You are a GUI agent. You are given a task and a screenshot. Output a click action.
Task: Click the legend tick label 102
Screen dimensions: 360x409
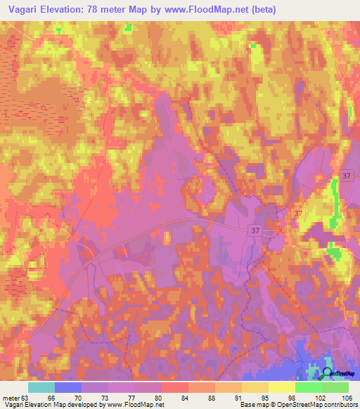(295, 398)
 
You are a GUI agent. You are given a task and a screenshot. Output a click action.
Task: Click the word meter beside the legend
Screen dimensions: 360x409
(11, 398)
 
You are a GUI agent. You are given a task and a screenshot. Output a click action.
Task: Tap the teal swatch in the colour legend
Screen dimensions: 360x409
(41, 387)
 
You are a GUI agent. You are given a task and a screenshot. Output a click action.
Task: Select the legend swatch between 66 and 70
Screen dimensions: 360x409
(68, 387)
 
